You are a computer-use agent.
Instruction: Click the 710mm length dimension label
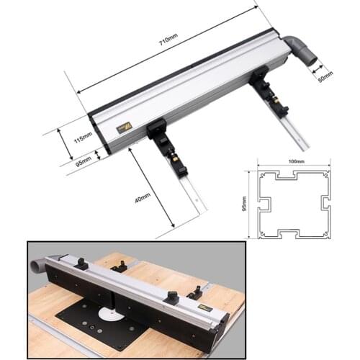[167, 45]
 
